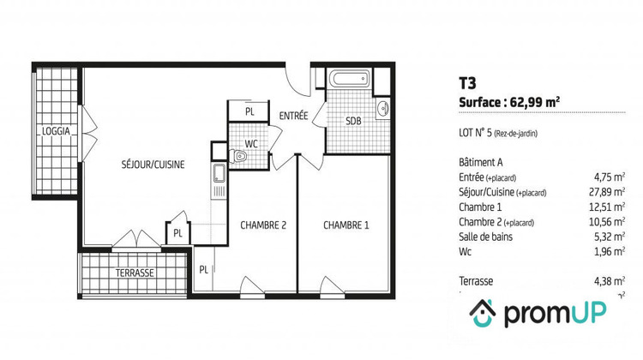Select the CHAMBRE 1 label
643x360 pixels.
point(346,225)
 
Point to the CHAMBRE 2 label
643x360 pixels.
point(262,225)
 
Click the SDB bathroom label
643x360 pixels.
point(353,121)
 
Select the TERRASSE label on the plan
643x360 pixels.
point(135,273)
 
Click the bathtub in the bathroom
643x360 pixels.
point(349,82)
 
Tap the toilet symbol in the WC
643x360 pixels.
point(242,156)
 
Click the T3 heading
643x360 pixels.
point(468,83)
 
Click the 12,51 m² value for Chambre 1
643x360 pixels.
point(608,207)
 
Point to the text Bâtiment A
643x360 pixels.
point(484,162)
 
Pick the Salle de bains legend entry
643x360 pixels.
point(491,237)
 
